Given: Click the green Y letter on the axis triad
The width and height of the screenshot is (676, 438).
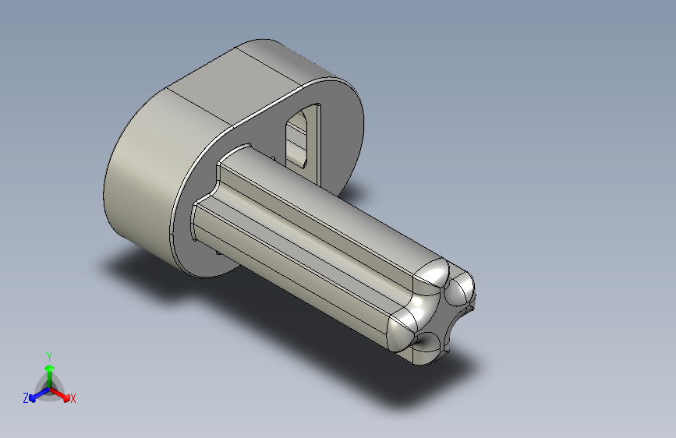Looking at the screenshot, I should [x=48, y=355].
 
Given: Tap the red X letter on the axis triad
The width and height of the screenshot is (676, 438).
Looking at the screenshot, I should [x=73, y=399].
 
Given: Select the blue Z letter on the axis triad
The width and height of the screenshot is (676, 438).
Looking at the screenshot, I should [x=26, y=397].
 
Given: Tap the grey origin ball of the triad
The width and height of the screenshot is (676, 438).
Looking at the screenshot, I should [x=49, y=385].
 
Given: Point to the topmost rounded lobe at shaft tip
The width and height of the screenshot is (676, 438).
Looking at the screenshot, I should [x=434, y=272].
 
